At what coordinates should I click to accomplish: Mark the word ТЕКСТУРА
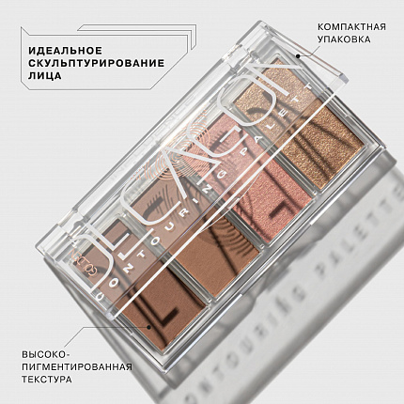coord(47,383)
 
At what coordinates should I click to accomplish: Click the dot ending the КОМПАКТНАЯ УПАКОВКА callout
coord(299,56)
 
